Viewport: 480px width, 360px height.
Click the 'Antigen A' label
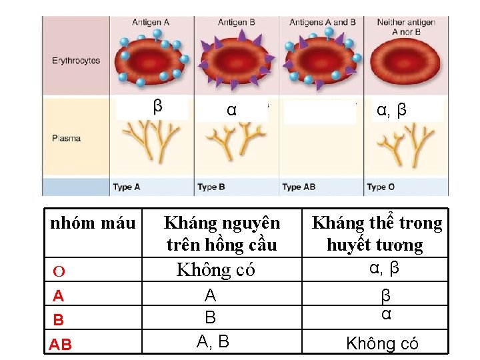pos(151,22)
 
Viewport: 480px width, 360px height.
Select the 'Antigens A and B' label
pos(323,22)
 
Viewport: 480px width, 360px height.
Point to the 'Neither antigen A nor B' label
pos(406,27)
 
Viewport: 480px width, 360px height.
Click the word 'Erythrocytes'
pos(76,61)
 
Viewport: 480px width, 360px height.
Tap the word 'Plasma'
pos(66,139)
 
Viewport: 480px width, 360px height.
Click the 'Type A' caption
pos(127,187)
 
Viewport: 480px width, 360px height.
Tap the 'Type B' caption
pos(211,187)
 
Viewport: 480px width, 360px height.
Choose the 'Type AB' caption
pos(299,187)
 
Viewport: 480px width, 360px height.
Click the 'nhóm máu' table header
pos(93,223)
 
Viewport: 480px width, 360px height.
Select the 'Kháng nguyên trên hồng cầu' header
pos(222,233)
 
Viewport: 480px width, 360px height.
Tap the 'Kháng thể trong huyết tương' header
pos(377,233)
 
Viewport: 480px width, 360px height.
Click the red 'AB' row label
pos(61,345)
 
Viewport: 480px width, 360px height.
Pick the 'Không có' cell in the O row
pos(215,270)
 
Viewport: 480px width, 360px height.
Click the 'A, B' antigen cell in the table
pos(213,342)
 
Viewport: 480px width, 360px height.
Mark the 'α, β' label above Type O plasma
pos(392,110)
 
